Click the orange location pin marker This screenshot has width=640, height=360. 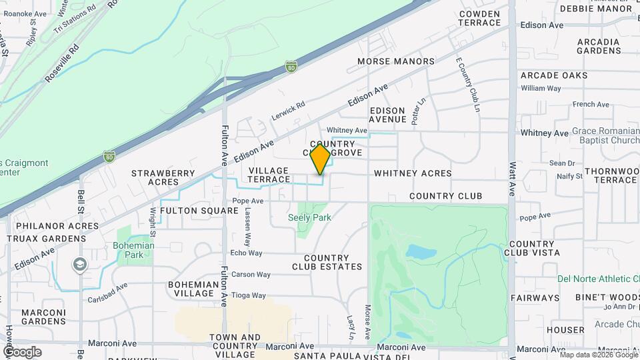pos(321,159)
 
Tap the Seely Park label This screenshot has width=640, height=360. pos(309,217)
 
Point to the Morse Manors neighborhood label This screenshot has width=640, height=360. pos(396,61)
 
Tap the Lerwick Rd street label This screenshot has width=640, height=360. pos(288,110)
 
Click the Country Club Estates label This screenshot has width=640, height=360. pos(327,262)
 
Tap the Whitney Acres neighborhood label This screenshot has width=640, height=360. pos(413,173)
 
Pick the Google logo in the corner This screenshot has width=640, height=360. pos(22,351)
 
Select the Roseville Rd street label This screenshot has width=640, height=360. pos(62,64)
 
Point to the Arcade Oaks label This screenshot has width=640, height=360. pos(554,75)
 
